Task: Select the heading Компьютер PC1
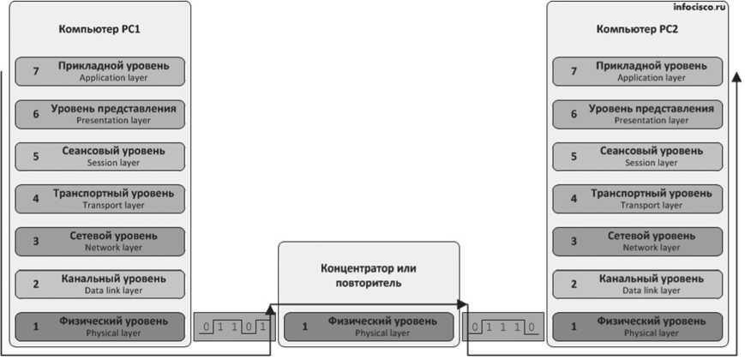click(99, 30)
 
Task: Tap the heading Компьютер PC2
click(637, 30)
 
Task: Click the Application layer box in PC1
click(100, 71)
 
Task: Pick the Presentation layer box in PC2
click(638, 114)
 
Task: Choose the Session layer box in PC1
click(100, 156)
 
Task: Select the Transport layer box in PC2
click(638, 199)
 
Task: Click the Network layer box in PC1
click(100, 241)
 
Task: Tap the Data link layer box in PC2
click(638, 284)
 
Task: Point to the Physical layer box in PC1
click(100, 327)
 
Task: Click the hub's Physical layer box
click(369, 327)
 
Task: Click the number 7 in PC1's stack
click(36, 71)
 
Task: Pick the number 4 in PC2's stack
click(574, 199)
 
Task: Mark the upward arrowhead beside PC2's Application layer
click(736, 77)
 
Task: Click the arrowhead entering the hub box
click(273, 306)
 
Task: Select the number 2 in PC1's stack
click(36, 284)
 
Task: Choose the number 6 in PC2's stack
click(574, 114)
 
